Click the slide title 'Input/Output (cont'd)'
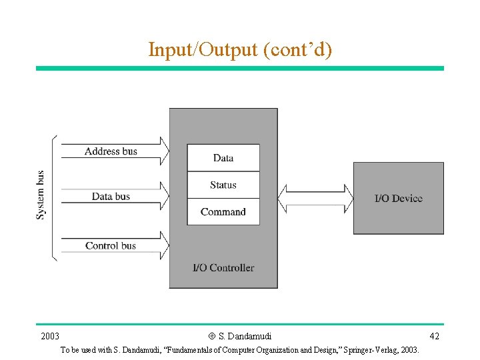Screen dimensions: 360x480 (239, 49)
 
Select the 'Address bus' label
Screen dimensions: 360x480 (111, 151)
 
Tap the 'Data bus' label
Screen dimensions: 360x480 (111, 196)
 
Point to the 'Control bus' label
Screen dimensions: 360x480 (111, 246)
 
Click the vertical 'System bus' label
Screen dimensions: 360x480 (41, 195)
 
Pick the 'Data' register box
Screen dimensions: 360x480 (223, 158)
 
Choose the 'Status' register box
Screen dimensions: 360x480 (223, 185)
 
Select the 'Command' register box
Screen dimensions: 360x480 (223, 212)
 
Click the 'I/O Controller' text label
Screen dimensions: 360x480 (223, 268)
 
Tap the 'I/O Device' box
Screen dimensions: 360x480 (398, 198)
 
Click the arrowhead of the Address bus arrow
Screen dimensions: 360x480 (164, 151)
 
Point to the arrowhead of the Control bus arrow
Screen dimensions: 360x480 (164, 245)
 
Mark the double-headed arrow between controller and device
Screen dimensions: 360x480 (315, 198)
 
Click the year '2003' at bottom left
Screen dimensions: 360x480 (50, 335)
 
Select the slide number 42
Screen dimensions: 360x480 (434, 335)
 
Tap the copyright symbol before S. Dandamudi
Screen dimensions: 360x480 (211, 336)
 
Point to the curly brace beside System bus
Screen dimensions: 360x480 (54, 197)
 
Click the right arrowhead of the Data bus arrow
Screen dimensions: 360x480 (164, 196)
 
